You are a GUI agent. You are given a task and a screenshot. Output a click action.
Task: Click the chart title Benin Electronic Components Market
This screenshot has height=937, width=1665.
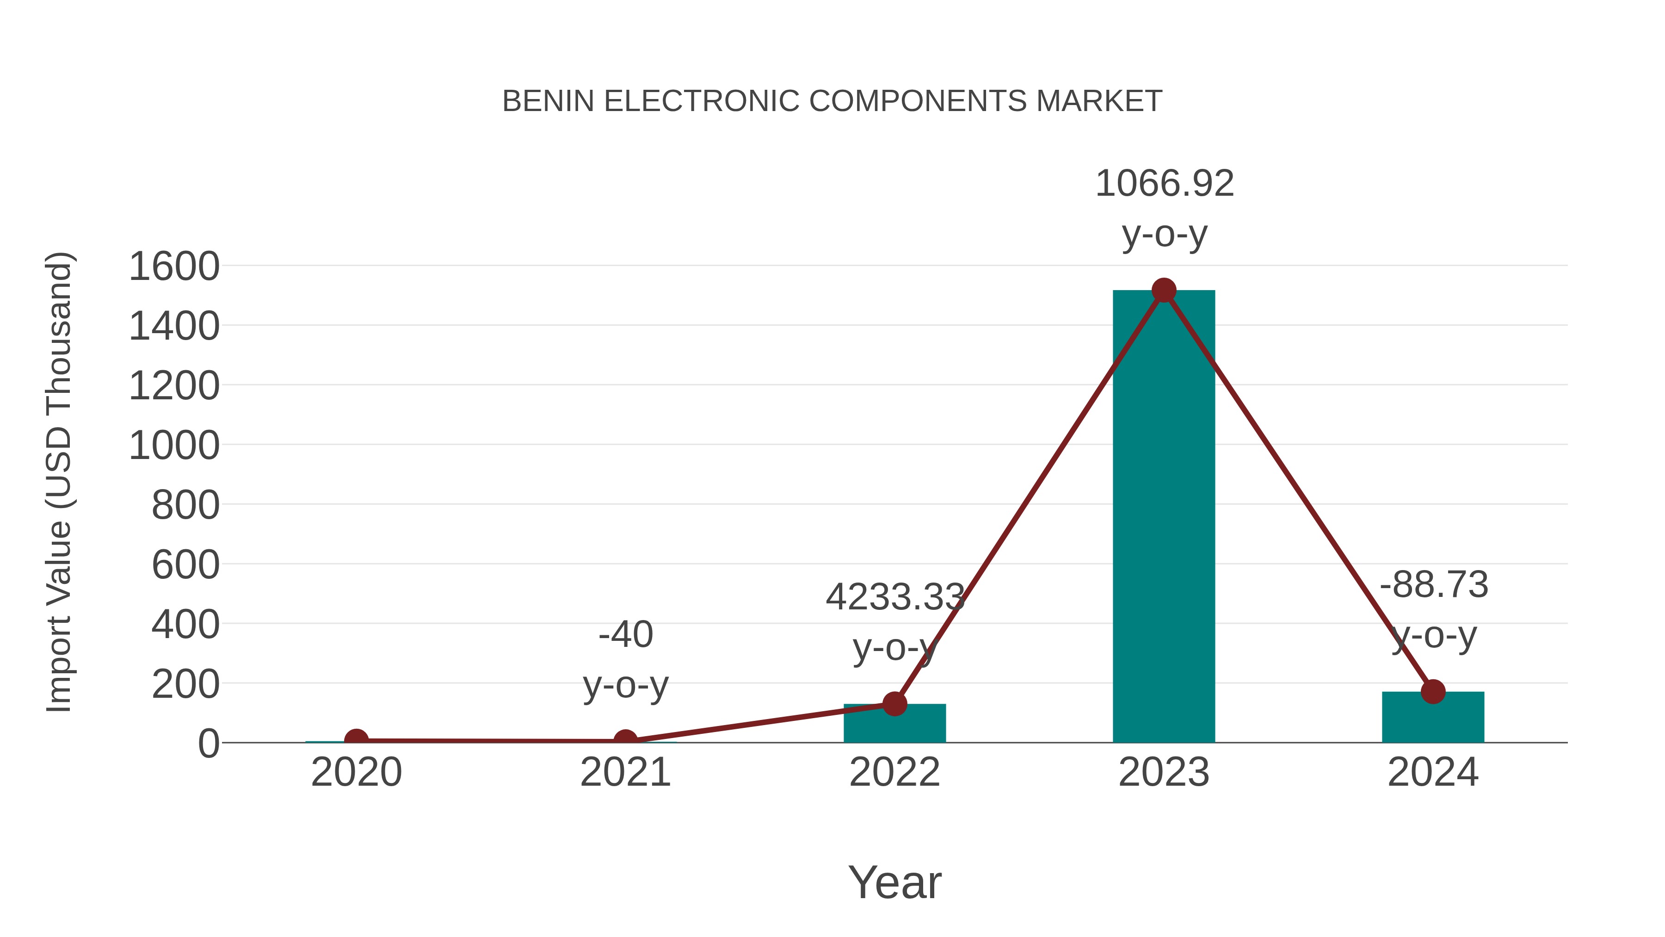pyautogui.click(x=832, y=101)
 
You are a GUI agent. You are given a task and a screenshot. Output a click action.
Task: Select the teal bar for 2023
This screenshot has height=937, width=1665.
pyautogui.click(x=1164, y=517)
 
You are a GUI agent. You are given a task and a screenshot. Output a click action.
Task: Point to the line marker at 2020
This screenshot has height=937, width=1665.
pyautogui.click(x=356, y=740)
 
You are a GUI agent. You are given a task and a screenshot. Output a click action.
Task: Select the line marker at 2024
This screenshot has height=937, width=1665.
pyautogui.click(x=1433, y=691)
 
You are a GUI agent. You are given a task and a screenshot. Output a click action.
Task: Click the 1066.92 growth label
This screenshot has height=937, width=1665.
pyautogui.click(x=1164, y=184)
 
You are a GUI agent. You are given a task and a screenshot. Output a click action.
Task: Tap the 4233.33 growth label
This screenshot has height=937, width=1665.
pyautogui.click(x=894, y=597)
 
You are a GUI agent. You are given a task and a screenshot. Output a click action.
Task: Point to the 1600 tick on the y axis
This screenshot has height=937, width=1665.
pyautogui.click(x=174, y=267)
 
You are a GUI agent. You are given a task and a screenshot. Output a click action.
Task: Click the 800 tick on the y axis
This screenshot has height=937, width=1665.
pyautogui.click(x=185, y=505)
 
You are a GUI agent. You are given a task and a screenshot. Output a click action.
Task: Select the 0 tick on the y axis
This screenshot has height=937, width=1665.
pyautogui.click(x=209, y=744)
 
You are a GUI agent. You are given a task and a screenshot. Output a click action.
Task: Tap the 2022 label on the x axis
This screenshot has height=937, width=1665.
pyautogui.click(x=894, y=772)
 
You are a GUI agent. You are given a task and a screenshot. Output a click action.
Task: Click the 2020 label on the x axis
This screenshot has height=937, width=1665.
pyautogui.click(x=356, y=772)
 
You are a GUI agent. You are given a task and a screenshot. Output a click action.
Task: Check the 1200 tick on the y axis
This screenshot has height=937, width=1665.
pyautogui.click(x=174, y=386)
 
